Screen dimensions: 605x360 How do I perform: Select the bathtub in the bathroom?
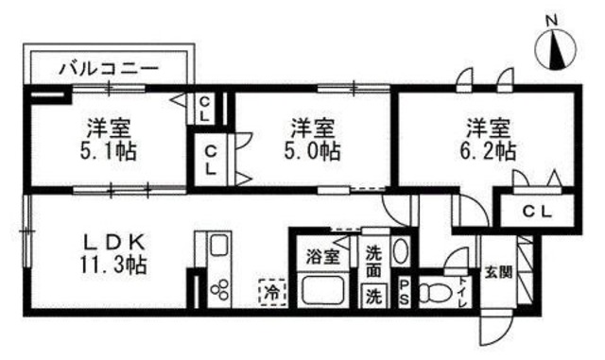click(322, 288)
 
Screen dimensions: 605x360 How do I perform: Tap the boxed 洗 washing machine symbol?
click(373, 295)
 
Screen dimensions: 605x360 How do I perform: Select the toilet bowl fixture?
click(436, 291)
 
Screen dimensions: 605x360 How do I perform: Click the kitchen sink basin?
click(216, 249)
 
